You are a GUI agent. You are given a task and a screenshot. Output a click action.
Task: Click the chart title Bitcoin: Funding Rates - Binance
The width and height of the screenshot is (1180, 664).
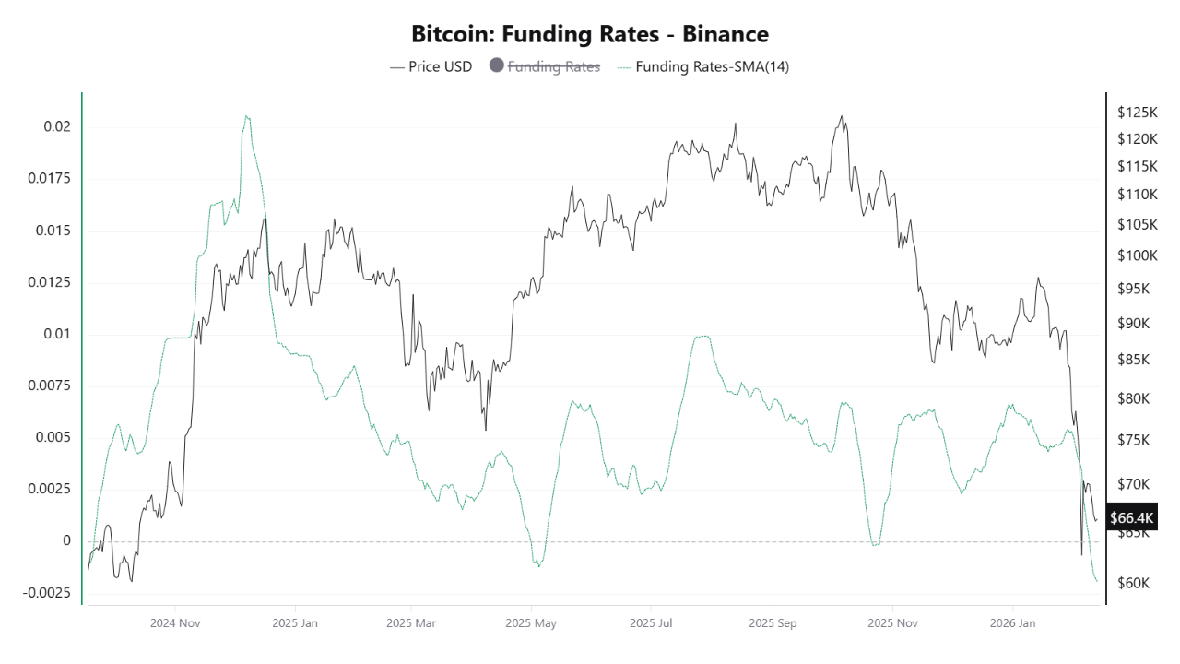click(x=590, y=34)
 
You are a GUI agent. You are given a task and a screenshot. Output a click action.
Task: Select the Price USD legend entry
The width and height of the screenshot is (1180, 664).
click(x=431, y=66)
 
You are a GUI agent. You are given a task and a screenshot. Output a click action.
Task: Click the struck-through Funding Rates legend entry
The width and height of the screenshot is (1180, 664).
click(x=553, y=66)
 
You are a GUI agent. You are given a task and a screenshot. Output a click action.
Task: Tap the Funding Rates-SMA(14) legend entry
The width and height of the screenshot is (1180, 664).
click(x=704, y=66)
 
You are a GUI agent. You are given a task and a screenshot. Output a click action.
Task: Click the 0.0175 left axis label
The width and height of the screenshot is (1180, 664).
click(x=51, y=178)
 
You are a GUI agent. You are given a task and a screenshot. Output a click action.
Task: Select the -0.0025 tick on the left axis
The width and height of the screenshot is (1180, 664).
click(x=46, y=592)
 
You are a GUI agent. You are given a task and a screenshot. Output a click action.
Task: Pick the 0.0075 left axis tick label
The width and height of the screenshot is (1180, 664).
click(x=51, y=385)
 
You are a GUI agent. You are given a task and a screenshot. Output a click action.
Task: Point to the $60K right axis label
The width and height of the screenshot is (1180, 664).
click(x=1133, y=583)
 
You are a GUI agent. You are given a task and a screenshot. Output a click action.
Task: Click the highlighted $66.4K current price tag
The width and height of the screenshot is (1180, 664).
click(x=1132, y=517)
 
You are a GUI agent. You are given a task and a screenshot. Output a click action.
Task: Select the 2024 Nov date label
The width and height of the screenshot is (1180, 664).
click(x=175, y=623)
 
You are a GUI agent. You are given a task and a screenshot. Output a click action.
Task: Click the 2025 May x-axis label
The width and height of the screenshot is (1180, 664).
click(x=532, y=623)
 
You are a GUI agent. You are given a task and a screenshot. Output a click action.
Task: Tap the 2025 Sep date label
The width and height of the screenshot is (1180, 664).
click(x=773, y=623)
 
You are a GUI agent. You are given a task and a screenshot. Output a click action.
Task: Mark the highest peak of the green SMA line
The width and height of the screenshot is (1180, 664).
click(x=246, y=116)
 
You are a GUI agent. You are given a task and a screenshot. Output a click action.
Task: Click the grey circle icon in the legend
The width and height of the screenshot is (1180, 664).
click(x=496, y=66)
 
